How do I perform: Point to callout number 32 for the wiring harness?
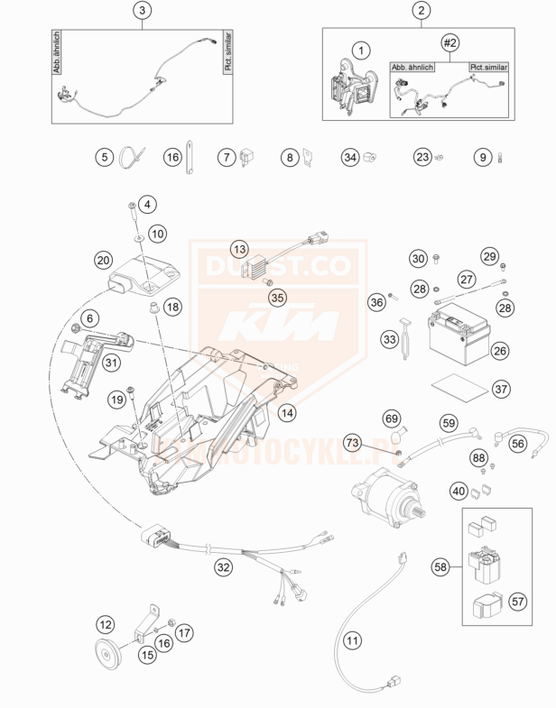coord(222,567)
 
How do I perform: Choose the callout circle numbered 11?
coord(352,641)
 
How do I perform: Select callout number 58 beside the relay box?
coord(440,567)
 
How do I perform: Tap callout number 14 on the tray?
coord(286,412)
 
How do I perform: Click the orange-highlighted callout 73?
coord(351,443)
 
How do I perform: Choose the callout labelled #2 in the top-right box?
coord(450,42)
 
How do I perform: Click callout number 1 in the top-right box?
coord(361,49)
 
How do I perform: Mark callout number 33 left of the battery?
coord(390,339)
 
